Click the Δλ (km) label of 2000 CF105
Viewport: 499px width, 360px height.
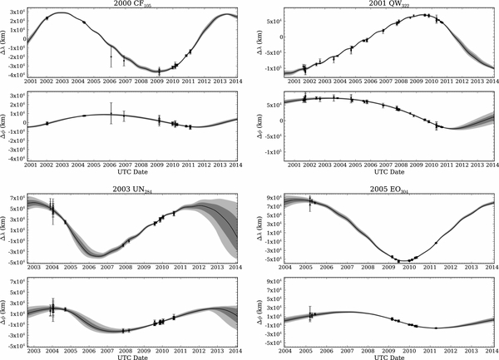pos(6,42)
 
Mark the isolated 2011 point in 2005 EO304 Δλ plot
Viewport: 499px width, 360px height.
pos(436,243)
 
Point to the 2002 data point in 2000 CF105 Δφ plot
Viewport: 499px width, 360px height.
pos(47,122)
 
